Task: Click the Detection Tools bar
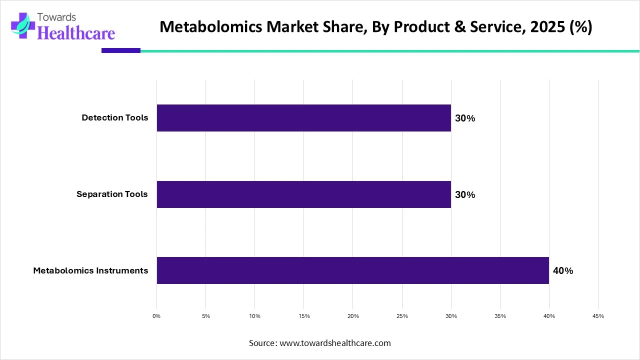click(x=303, y=118)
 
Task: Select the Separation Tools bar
click(x=303, y=194)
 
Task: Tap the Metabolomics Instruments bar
click(x=352, y=270)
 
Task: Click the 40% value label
click(x=563, y=271)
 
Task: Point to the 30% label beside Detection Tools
click(x=465, y=118)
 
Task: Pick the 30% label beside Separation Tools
click(x=465, y=195)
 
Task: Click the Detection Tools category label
click(x=115, y=118)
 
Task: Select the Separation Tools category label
click(x=112, y=194)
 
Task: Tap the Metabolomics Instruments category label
click(x=90, y=270)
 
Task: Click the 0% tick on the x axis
click(x=156, y=316)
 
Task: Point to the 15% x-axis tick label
click(x=304, y=316)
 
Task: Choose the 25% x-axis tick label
click(x=402, y=316)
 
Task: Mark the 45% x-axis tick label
click(x=598, y=316)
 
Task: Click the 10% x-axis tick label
click(x=255, y=316)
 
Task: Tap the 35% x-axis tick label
click(x=500, y=316)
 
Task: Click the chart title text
click(x=375, y=27)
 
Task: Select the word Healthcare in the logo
click(x=76, y=32)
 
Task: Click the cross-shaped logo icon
click(x=20, y=25)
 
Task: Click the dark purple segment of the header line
click(x=121, y=50)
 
